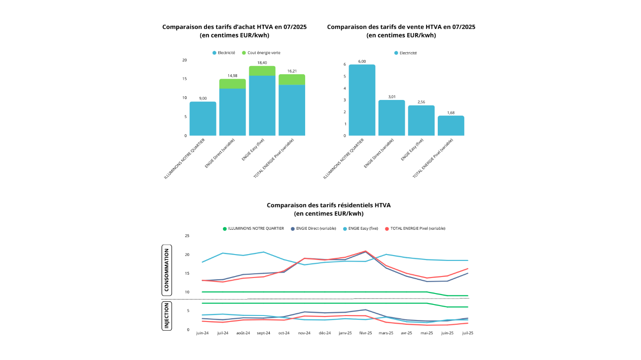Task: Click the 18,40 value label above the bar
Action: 262,63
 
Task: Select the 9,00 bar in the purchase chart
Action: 203,119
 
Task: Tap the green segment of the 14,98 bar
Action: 232,84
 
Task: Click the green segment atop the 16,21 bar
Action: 292,80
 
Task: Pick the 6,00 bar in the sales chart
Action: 362,100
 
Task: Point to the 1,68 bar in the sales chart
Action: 451,126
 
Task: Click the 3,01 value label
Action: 392,97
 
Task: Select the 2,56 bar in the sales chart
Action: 421,120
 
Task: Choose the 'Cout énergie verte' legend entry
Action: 261,53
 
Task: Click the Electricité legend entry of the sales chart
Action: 406,53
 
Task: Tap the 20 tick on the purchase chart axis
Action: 184,60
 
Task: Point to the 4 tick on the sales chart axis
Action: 345,89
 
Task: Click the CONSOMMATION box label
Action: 167,270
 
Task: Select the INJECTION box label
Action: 167,316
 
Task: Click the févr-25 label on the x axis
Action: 366,333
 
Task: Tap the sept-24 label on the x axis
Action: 263,333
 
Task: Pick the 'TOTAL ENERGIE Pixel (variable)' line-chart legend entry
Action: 415,228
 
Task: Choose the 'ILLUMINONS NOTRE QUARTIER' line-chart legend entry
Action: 254,228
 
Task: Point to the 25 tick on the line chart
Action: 187,236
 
